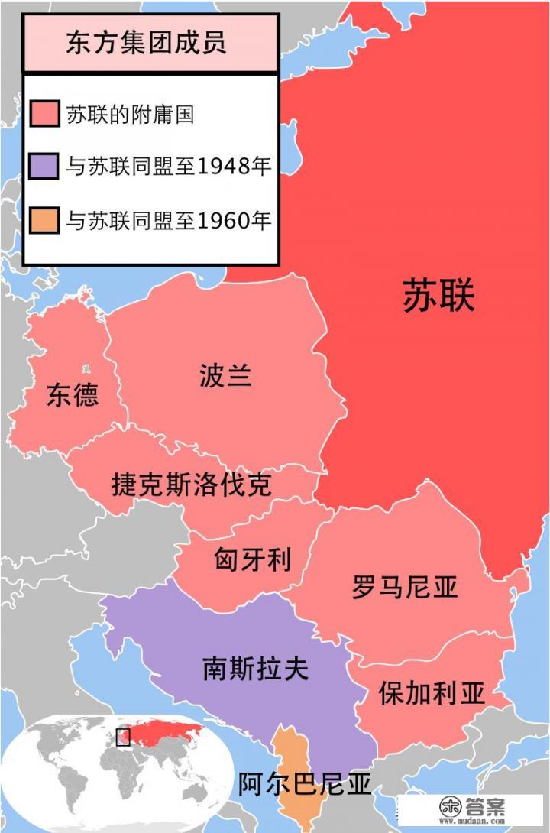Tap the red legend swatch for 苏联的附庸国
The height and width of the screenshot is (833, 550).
44,115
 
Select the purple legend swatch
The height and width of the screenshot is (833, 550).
44,167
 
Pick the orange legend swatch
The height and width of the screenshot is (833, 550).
44,221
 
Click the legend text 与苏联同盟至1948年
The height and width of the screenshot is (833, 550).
168,167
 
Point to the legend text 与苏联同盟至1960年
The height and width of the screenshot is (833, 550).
168,221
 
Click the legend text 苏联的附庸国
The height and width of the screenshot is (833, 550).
129,115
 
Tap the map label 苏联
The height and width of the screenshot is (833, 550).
438,297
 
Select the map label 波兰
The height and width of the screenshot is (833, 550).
225,376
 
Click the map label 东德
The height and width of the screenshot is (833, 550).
73,394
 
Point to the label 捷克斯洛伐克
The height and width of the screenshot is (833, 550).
191,485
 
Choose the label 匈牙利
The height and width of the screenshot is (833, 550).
253,561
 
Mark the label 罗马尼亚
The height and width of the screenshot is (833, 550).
405,587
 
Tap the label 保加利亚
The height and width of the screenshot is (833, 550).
432,693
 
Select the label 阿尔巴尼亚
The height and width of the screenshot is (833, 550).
304,784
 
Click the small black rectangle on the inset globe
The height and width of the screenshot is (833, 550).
122,737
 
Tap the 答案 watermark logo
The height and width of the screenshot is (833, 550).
474,809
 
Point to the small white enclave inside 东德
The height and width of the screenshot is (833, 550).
85,368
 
